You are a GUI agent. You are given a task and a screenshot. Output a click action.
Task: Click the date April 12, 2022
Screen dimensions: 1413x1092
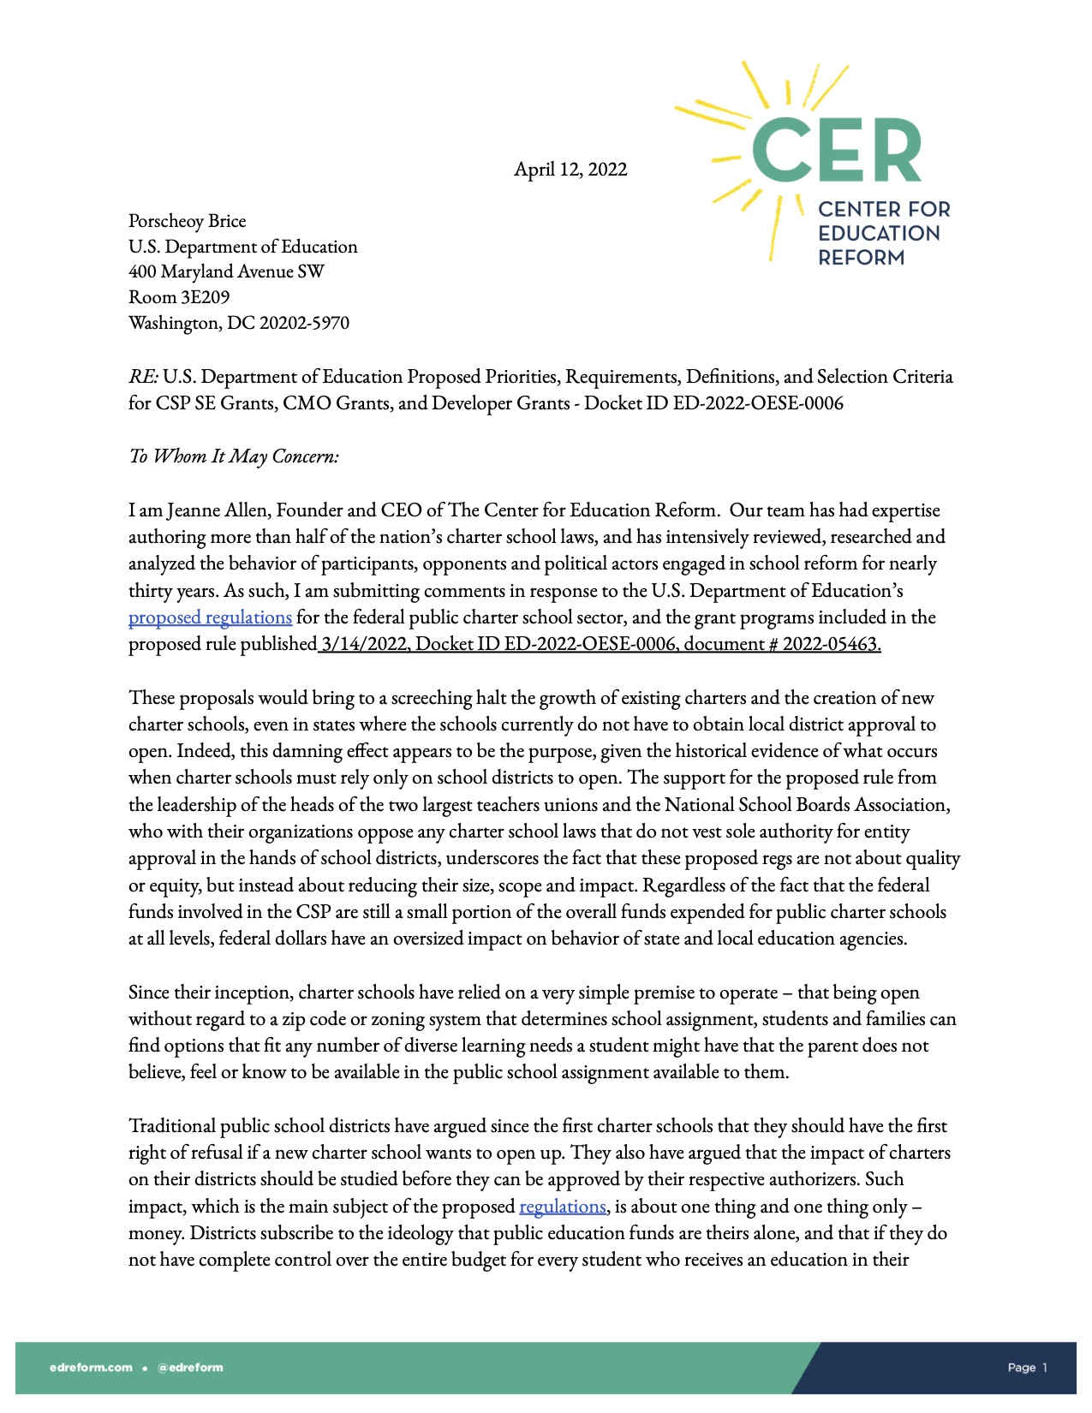click(570, 170)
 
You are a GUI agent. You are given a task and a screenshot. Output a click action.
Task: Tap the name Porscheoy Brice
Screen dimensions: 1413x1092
click(187, 221)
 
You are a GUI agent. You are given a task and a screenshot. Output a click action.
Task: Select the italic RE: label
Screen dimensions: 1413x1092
click(143, 377)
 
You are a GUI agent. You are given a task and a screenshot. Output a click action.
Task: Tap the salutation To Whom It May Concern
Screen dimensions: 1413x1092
click(234, 456)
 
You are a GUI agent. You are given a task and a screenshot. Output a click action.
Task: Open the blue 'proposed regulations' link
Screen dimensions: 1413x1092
click(210, 617)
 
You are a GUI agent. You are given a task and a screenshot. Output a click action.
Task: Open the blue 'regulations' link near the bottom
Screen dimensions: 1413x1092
click(562, 1207)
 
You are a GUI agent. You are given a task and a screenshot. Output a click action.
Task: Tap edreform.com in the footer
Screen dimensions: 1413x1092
click(91, 1367)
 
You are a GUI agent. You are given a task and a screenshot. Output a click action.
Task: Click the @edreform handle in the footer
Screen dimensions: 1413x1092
click(190, 1367)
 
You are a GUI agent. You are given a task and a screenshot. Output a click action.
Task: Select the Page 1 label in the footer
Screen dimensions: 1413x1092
click(1027, 1368)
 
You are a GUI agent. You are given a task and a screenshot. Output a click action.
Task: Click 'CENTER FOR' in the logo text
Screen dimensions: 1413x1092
click(884, 209)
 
